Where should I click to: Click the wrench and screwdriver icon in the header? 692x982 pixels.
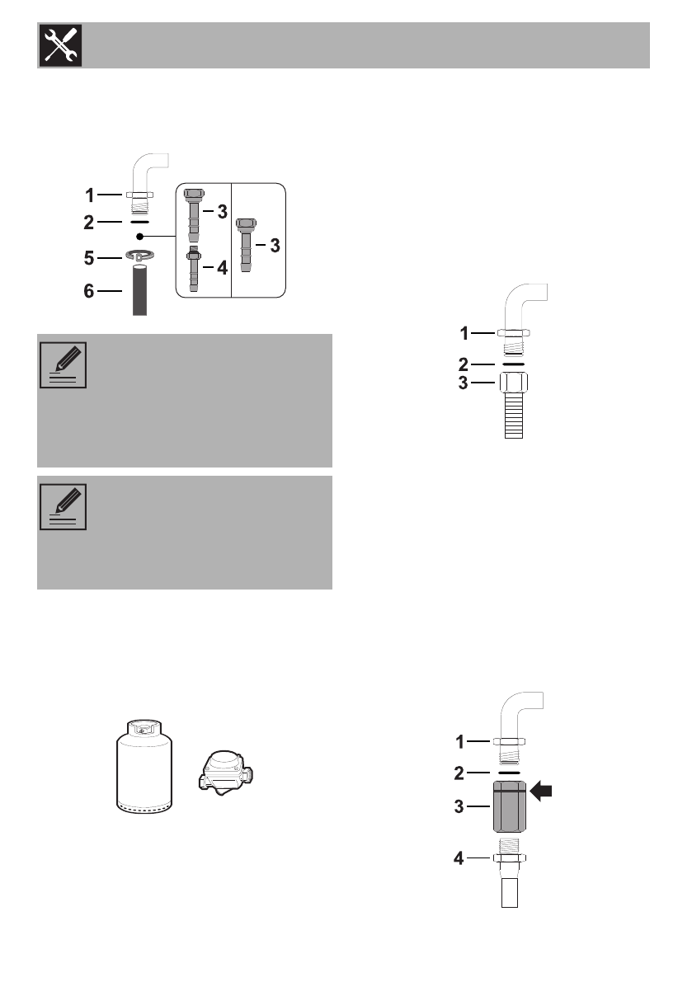59,45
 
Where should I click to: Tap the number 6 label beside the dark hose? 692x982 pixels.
90,291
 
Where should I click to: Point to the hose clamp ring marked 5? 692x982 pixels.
141,257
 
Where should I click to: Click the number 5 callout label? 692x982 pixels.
90,258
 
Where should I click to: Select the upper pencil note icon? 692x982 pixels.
63,366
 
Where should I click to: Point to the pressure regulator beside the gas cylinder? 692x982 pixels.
222,772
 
